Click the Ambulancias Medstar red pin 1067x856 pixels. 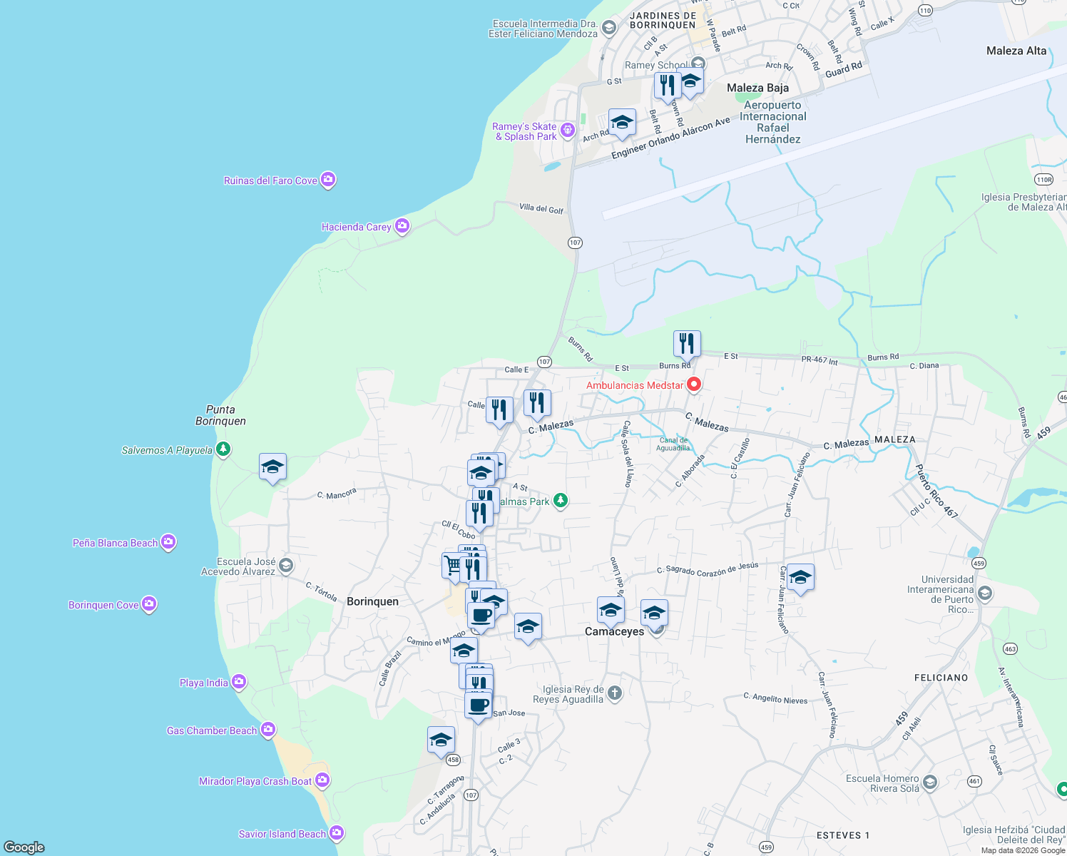click(693, 384)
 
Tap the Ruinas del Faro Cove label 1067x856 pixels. click(270, 180)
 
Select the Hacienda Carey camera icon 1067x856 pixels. click(402, 226)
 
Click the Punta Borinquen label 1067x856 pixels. click(220, 415)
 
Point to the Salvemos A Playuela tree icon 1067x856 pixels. click(224, 449)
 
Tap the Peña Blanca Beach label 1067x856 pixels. click(115, 543)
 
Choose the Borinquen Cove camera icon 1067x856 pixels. click(149, 604)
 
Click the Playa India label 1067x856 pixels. click(203, 683)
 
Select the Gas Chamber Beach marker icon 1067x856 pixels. click(268, 729)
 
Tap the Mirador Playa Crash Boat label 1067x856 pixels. click(255, 781)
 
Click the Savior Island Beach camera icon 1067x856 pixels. click(337, 832)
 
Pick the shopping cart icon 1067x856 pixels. click(454, 566)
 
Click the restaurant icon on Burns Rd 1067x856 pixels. click(686, 344)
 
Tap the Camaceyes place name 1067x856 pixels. click(614, 631)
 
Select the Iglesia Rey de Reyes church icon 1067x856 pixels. click(615, 693)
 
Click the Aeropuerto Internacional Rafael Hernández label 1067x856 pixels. click(772, 122)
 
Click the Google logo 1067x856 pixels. click(24, 847)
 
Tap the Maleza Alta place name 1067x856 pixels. click(1016, 51)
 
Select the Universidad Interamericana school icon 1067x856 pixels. click(985, 593)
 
